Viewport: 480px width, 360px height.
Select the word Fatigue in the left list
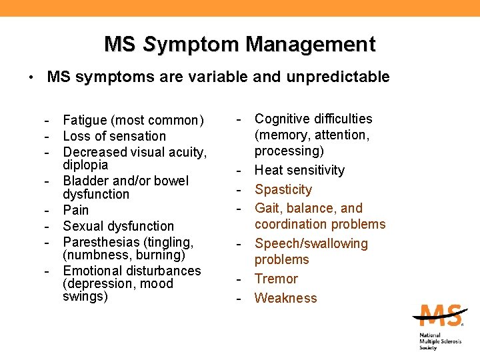click(x=85, y=121)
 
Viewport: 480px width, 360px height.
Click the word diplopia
click(x=85, y=165)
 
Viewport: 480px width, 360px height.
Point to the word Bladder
click(x=85, y=181)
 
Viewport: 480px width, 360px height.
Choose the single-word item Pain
click(x=75, y=211)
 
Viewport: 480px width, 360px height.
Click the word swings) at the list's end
click(x=85, y=297)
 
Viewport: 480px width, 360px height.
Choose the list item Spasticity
click(x=283, y=190)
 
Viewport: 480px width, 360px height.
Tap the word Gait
click(x=269, y=209)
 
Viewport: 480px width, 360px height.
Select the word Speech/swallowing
click(x=311, y=244)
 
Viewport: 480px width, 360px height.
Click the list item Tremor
click(x=276, y=279)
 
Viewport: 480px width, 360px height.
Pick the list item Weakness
click(x=286, y=298)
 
